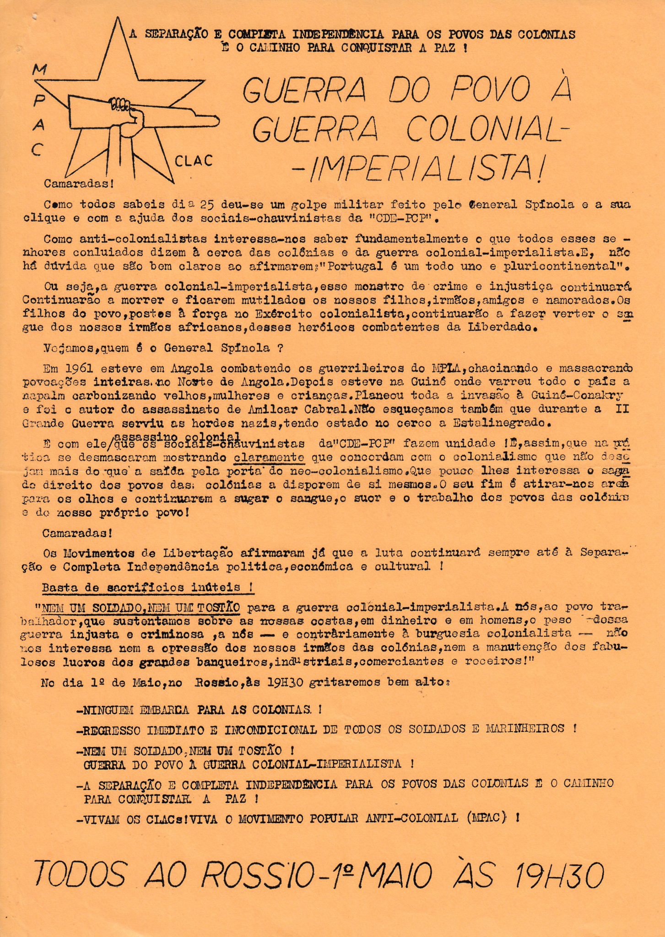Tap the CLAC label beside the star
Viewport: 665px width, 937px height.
(x=194, y=161)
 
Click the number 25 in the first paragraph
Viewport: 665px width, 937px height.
(x=208, y=205)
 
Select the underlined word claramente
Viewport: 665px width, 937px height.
(x=269, y=457)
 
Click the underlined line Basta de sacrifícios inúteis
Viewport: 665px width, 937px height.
(x=148, y=587)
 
